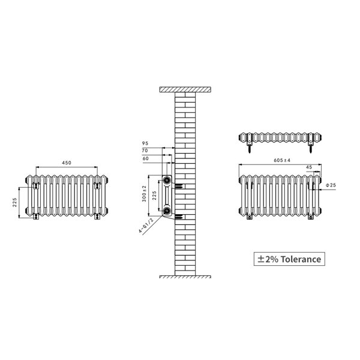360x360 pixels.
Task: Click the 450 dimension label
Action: (67, 163)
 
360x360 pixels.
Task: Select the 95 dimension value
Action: (145, 143)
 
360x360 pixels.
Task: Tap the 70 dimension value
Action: (145, 151)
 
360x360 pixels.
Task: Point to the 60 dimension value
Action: (146, 158)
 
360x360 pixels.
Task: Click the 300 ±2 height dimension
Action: (144, 194)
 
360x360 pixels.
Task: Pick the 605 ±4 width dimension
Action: (282, 160)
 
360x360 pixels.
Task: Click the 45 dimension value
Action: (309, 167)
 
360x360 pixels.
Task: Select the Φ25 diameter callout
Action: (331, 185)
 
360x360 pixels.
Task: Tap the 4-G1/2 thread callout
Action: (146, 226)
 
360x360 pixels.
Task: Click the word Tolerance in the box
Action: (301, 259)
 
